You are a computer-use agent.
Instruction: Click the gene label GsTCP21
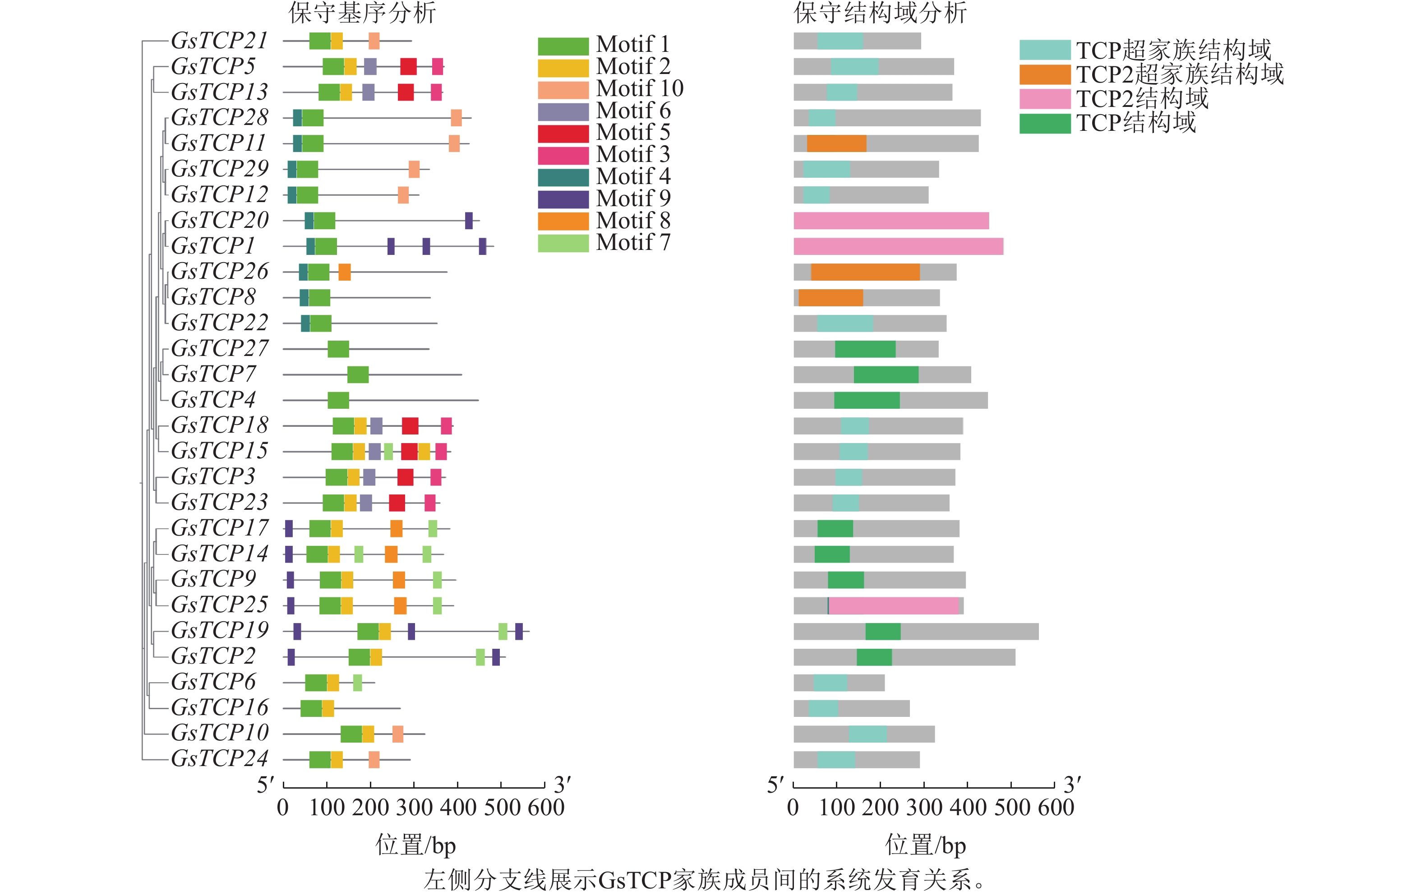(220, 41)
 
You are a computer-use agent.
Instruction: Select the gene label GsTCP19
(220, 630)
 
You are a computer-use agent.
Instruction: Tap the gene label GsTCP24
(220, 758)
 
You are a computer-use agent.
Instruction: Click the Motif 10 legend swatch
(563, 90)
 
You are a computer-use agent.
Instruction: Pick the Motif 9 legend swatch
(563, 199)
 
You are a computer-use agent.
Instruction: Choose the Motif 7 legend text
(633, 243)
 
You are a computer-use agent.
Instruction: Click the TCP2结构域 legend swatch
(1044, 98)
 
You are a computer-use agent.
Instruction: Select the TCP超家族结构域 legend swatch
(1044, 50)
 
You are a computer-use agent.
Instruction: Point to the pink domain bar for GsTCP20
(891, 221)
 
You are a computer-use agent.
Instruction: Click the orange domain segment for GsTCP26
(865, 272)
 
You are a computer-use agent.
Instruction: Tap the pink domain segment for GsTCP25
(894, 605)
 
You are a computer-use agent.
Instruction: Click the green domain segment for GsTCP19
(883, 632)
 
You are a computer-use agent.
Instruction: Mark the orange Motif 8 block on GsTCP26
(345, 272)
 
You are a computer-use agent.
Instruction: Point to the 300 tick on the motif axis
(414, 785)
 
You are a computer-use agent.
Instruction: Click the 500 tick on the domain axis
(1011, 785)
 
